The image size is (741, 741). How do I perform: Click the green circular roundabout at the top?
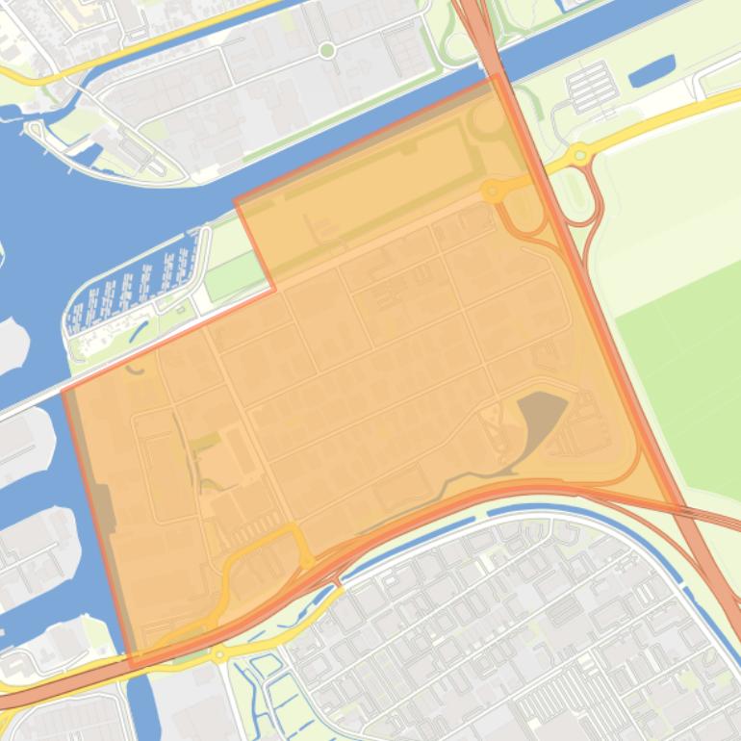coord(327,49)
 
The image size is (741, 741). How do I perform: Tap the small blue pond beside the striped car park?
coord(652,70)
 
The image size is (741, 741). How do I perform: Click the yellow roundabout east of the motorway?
coord(579,154)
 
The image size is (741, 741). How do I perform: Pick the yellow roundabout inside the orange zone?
coord(492,192)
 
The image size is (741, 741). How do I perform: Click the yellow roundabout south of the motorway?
coord(220,655)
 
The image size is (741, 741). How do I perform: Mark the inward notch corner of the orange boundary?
coord(274,288)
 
